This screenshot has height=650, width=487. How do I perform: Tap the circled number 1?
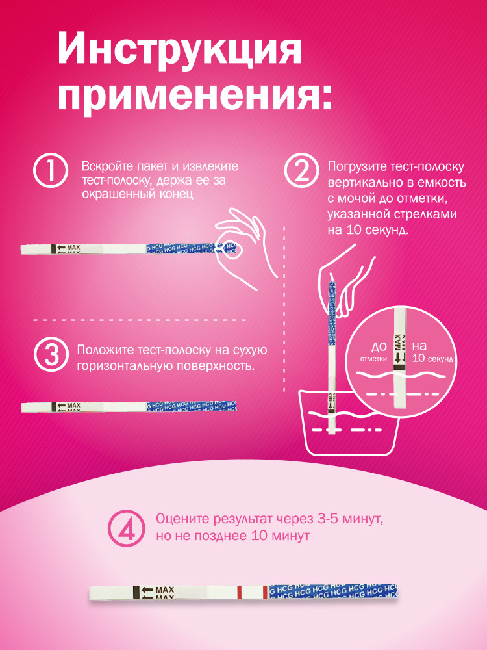(x=50, y=170)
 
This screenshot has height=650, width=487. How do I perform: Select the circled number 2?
(x=301, y=171)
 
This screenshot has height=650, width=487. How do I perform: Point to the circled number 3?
(x=51, y=355)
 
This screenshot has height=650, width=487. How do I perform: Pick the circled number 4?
(x=127, y=528)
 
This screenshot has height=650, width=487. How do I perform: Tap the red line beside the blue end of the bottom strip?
(x=265, y=592)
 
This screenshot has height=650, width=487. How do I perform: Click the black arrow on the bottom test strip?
(x=147, y=590)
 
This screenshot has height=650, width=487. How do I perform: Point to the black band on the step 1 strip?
(x=53, y=249)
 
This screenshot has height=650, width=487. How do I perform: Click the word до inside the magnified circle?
(x=379, y=346)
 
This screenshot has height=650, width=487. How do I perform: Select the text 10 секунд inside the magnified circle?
(x=433, y=359)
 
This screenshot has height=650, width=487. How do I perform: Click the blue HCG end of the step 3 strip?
(x=192, y=406)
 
